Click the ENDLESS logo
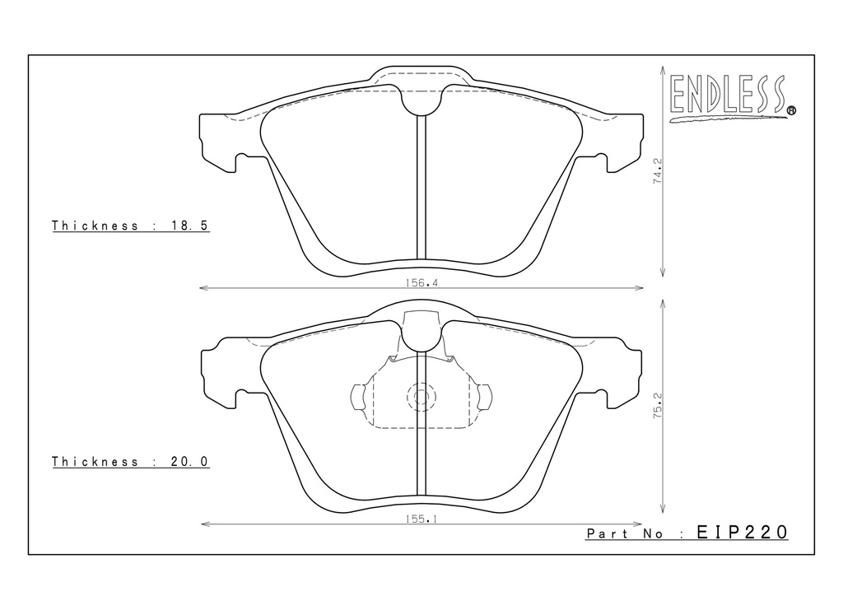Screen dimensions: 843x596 732,98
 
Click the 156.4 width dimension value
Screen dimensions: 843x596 421,282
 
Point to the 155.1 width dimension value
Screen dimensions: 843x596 421,519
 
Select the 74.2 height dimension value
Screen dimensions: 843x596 657,171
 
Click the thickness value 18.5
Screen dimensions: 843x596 190,226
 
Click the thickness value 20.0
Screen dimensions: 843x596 190,462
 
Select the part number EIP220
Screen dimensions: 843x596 743,532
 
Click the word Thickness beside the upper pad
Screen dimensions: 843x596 95,226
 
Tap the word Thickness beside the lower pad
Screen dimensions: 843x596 95,462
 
